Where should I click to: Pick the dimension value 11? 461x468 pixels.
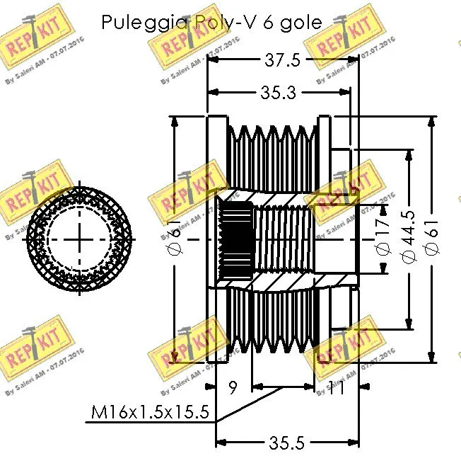pos(336,387)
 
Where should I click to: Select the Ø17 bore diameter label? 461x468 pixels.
pos(383,239)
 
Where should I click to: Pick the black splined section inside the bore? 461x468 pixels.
pos(236,239)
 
